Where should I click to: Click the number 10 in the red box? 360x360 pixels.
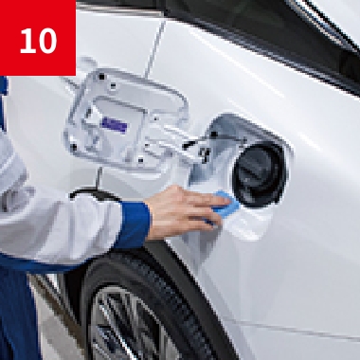[38, 41]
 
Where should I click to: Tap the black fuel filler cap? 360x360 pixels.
[260, 174]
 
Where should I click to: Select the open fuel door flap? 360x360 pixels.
[126, 119]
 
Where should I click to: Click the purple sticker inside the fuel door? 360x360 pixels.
[114, 125]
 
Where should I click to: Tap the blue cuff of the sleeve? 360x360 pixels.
[134, 225]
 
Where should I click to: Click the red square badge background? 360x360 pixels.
[38, 38]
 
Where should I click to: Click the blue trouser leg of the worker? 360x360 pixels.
[16, 315]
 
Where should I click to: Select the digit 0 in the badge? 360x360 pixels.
[47, 41]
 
